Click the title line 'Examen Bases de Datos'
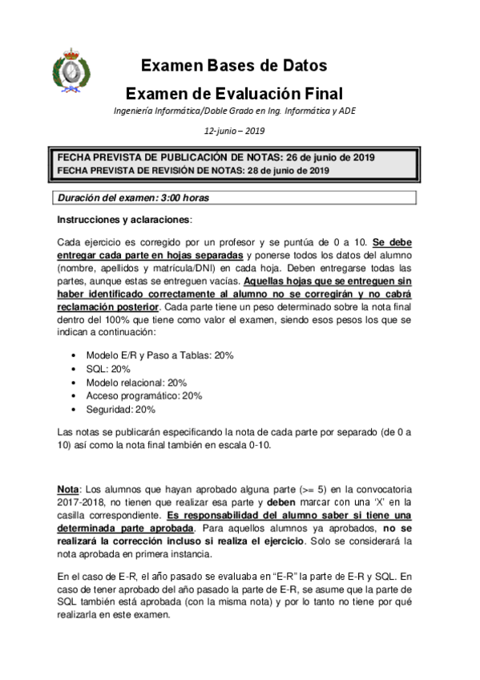click(234, 66)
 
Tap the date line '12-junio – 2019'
click(234, 131)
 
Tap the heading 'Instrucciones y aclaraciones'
click(124, 219)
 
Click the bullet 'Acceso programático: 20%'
click(143, 395)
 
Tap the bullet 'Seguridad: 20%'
click(121, 409)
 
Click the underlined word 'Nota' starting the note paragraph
click(68, 488)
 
